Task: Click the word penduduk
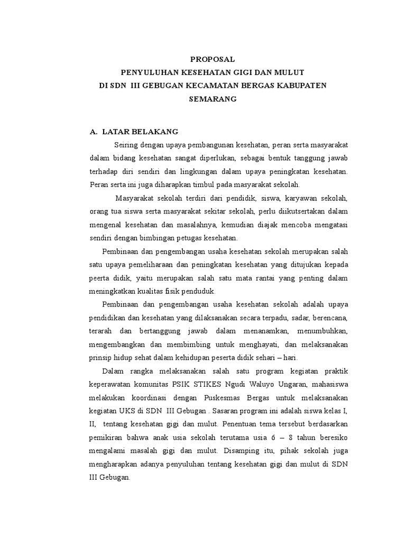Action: (200, 291)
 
